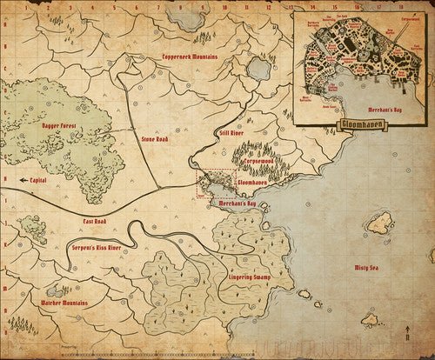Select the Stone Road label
pyautogui.click(x=155, y=138)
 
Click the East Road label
pyautogui.click(x=95, y=222)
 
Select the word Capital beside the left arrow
pyautogui.click(x=37, y=180)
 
